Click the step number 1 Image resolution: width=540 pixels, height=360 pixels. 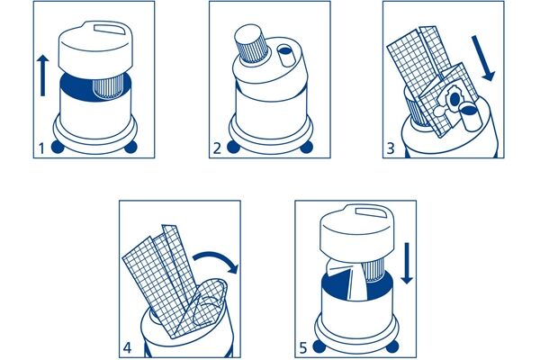(41, 148)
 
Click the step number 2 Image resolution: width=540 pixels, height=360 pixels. (217, 148)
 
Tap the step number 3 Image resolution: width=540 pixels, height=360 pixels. (391, 148)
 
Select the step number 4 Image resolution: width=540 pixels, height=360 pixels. (127, 348)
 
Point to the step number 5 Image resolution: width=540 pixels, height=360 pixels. (302, 348)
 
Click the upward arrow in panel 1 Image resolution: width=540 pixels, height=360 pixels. (42, 76)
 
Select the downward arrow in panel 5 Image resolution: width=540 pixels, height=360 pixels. (407, 263)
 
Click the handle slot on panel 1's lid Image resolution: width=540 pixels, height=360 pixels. (109, 29)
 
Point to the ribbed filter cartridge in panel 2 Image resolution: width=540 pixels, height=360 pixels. (250, 44)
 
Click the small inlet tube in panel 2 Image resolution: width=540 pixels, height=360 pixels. (286, 56)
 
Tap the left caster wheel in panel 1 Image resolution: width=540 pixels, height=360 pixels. (58, 147)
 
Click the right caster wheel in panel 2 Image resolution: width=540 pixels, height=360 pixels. (307, 147)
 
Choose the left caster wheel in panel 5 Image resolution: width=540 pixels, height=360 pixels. (319, 346)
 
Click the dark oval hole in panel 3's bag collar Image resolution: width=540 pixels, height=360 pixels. (454, 99)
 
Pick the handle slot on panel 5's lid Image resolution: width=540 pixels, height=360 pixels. (370, 212)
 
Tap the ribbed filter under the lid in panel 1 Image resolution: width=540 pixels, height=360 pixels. (109, 88)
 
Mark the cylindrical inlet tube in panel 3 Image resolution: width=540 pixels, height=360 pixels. (471, 118)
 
